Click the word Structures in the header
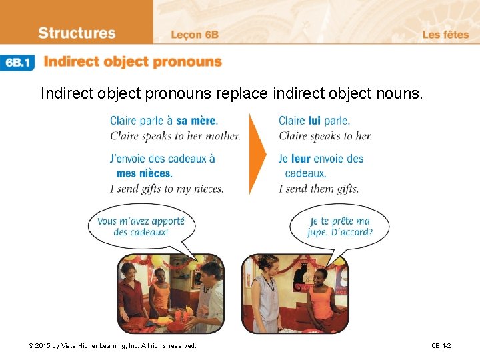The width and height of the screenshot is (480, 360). click(77, 33)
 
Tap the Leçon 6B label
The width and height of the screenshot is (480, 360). click(195, 35)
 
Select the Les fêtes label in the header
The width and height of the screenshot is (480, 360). click(445, 35)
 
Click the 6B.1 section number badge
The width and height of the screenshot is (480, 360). click(19, 63)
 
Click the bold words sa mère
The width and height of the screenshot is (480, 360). click(197, 121)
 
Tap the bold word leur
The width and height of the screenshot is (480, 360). click(301, 159)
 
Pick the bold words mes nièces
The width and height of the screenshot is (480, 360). click(144, 173)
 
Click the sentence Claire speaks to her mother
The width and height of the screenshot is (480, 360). click(175, 136)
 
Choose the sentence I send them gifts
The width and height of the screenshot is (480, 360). click(318, 189)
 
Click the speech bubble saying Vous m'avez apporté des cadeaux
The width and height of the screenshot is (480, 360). click(141, 227)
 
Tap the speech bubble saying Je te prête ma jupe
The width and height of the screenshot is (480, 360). click(339, 227)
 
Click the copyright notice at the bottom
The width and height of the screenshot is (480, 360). click(112, 346)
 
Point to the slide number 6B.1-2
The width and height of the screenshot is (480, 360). click(441, 346)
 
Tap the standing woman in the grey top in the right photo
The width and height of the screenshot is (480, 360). click(269, 293)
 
